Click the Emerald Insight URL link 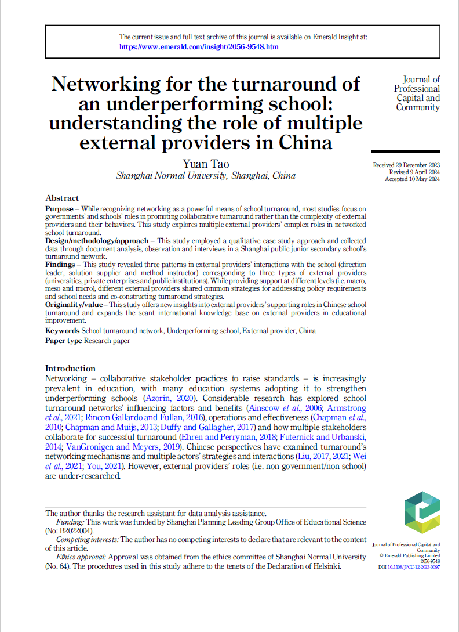click(x=199, y=46)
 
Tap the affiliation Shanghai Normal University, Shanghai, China click(x=206, y=176)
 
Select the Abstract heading click(x=62, y=198)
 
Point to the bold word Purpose click(x=59, y=208)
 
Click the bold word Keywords click(x=62, y=331)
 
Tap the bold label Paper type click(x=64, y=341)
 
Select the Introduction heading click(x=70, y=369)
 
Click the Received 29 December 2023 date click(x=406, y=165)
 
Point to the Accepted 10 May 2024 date click(x=412, y=179)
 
